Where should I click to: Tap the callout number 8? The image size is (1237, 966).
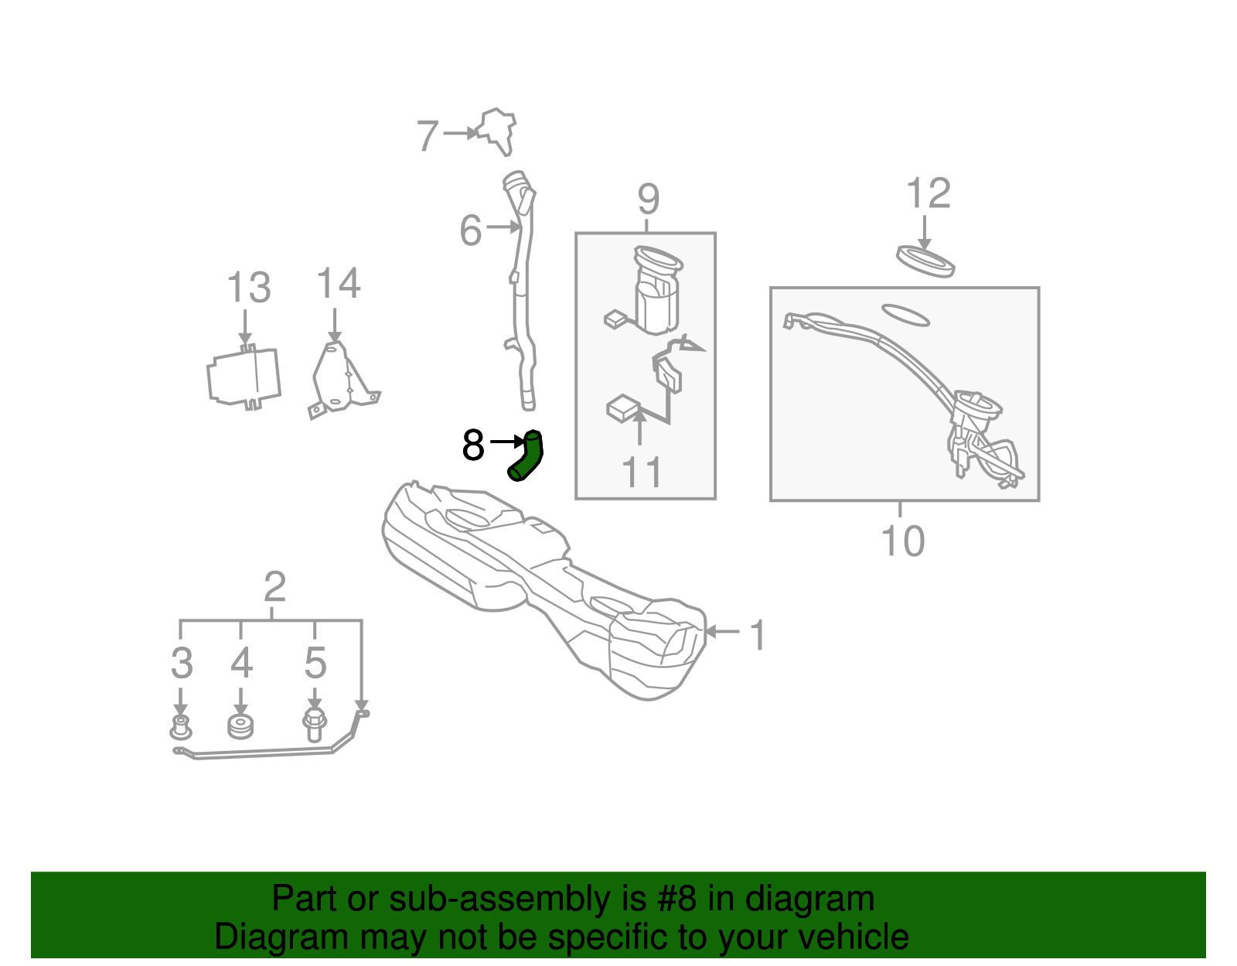[473, 445]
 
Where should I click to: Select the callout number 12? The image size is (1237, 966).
[928, 193]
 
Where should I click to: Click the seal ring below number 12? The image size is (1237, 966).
[925, 261]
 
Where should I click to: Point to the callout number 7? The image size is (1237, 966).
[428, 135]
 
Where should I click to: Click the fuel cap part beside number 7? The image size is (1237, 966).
[496, 131]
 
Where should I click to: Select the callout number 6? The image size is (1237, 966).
[471, 230]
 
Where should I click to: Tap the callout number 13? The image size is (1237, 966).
[249, 288]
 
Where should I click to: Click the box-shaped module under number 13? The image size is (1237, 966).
[244, 377]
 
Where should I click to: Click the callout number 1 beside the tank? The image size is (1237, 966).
[758, 634]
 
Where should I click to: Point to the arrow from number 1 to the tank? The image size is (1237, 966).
[722, 631]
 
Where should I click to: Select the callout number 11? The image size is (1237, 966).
[642, 472]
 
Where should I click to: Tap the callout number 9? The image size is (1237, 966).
[649, 200]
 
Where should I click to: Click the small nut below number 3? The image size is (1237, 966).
[180, 728]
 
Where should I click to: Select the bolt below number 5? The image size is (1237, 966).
[314, 725]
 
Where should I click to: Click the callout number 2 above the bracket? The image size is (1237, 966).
[274, 586]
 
